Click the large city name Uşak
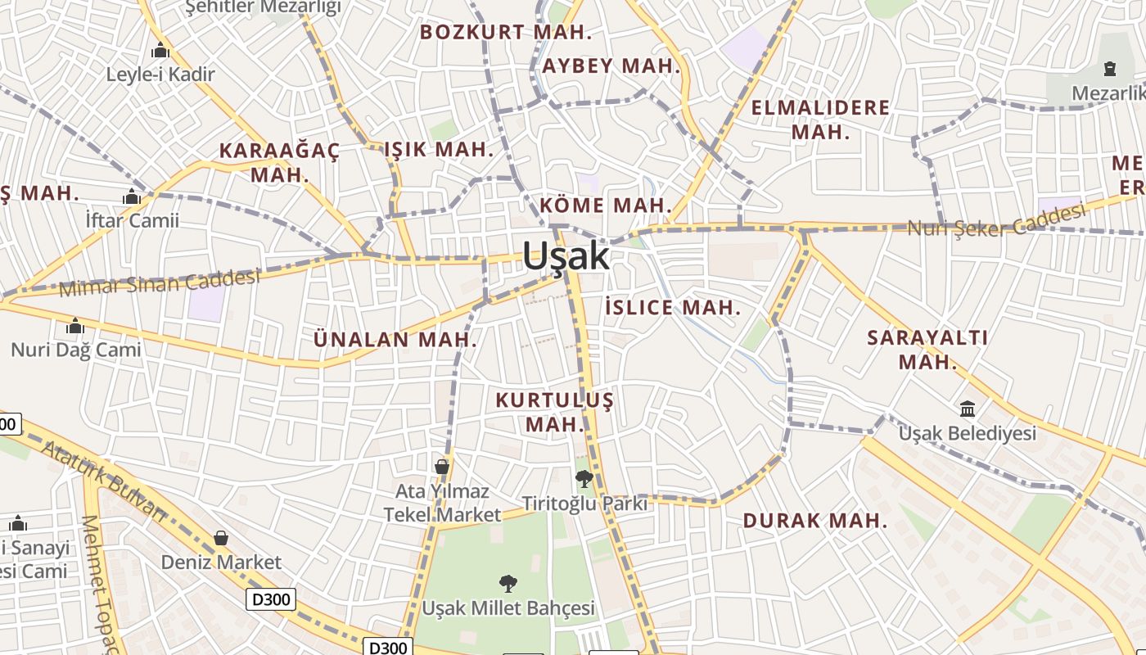566,256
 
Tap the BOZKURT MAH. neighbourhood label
505,33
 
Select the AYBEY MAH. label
611,66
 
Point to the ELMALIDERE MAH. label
820,120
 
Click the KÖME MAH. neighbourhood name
606,206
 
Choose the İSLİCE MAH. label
672,308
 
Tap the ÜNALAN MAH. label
395,339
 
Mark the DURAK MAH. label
814,521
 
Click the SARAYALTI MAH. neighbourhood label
927,350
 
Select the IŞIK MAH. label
439,150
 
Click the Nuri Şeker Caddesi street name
996,220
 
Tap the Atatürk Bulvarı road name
103,481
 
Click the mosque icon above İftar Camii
132,197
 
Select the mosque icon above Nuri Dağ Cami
75,327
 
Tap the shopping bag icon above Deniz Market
220,538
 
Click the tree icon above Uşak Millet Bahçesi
508,584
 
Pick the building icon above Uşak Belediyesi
968,409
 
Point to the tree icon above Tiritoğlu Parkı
584,479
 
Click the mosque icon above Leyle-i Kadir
160,51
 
